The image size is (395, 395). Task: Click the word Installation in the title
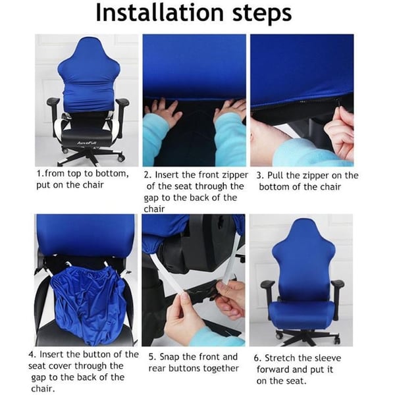160,13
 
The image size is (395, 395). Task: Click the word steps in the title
262,14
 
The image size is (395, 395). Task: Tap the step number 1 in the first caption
39,174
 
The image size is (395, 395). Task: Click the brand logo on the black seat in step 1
88,143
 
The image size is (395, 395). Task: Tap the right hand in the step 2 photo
230,110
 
